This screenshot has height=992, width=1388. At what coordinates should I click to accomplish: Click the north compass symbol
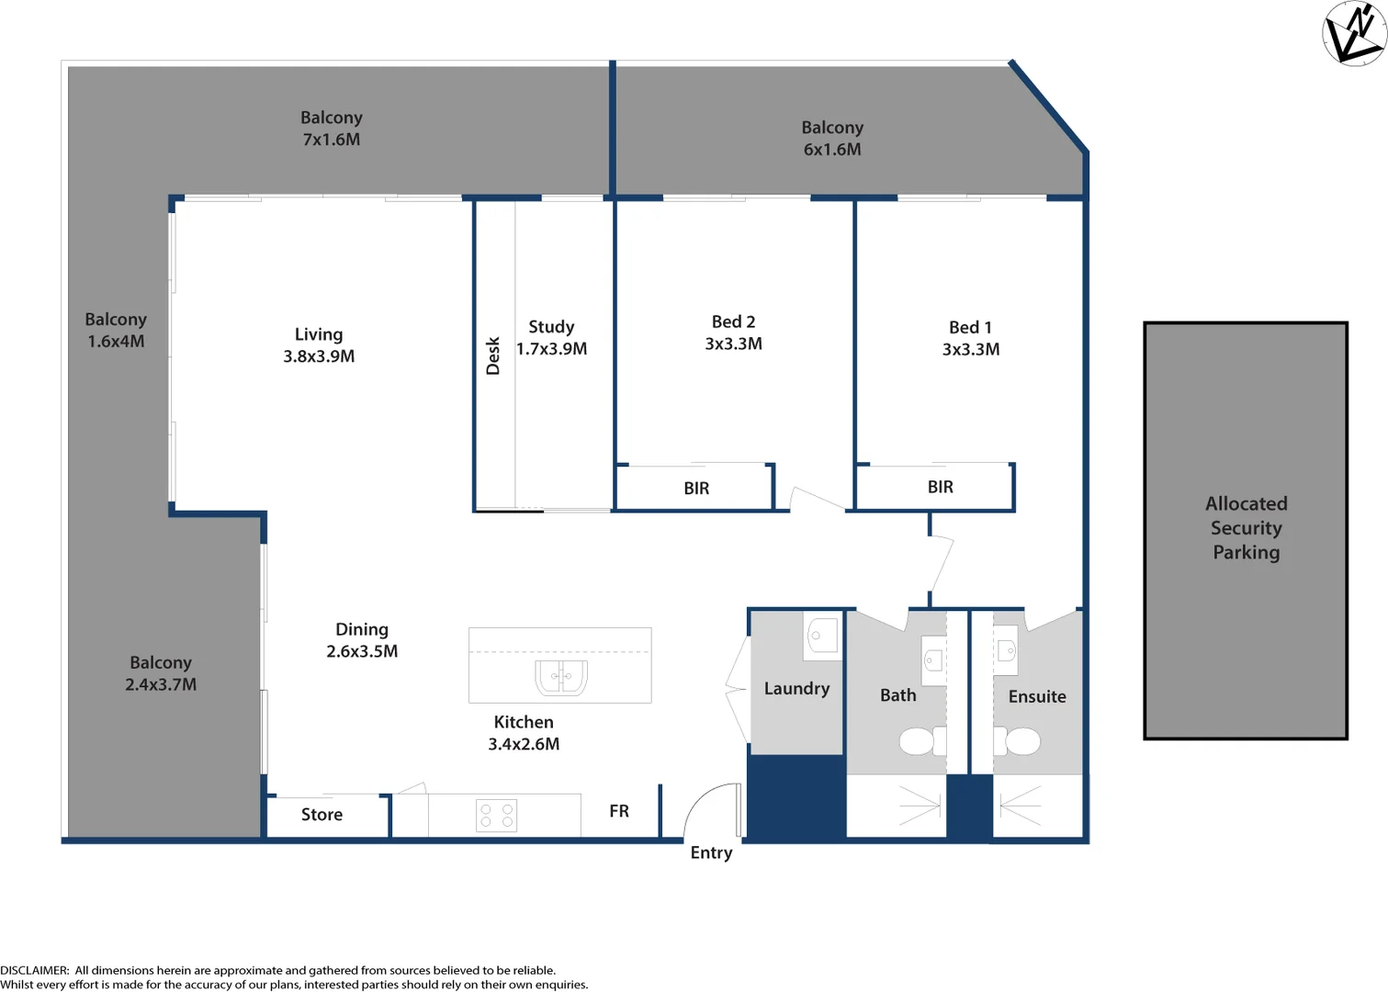tap(1354, 33)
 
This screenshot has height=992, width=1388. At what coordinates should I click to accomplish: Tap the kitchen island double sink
tap(560, 677)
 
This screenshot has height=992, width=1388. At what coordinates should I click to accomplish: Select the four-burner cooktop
tap(496, 815)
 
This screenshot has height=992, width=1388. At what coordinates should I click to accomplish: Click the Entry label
tap(711, 853)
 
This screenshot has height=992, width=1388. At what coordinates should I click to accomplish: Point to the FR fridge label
tap(619, 811)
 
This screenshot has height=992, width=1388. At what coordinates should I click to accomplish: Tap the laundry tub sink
tap(822, 635)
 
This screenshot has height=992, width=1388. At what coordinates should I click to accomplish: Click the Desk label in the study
tap(493, 355)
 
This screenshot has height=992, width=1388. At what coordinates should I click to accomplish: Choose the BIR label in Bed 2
tap(696, 489)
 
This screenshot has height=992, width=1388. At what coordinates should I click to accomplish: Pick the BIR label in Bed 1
tap(940, 487)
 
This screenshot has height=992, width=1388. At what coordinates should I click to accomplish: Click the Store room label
tap(322, 815)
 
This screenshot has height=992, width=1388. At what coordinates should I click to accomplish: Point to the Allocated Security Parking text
tap(1246, 528)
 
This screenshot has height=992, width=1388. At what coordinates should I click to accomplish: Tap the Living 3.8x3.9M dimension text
tap(319, 356)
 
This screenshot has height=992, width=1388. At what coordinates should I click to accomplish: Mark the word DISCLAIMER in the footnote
tap(34, 970)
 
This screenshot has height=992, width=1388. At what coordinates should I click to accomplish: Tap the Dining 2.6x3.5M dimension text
tap(362, 651)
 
